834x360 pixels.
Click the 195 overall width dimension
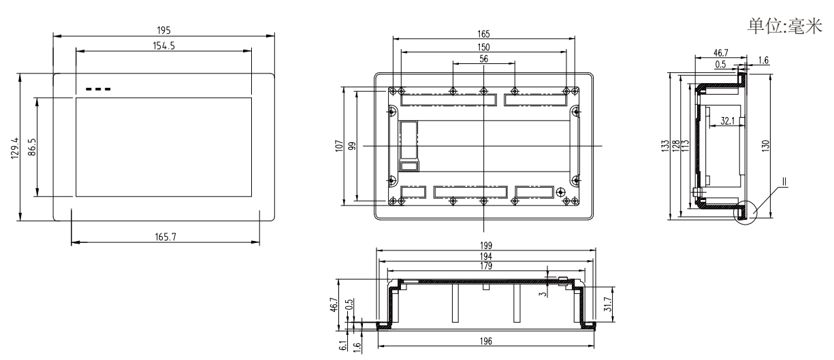pyautogui.click(x=163, y=31)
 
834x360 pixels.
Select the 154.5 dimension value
pyautogui.click(x=163, y=45)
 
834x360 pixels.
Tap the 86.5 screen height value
pyautogui.click(x=32, y=147)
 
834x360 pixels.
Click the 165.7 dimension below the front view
pyautogui.click(x=164, y=236)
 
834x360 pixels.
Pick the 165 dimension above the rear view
pyautogui.click(x=484, y=34)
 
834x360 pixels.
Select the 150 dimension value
pyautogui.click(x=484, y=47)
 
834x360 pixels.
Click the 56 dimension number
pyautogui.click(x=484, y=59)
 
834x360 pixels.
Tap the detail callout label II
pyautogui.click(x=784, y=182)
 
